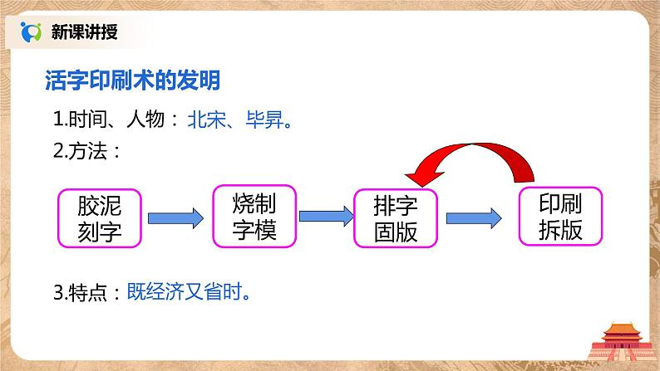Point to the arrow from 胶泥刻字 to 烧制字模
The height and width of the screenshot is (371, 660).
click(x=175, y=217)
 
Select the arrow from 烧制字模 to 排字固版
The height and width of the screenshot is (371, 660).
click(x=324, y=216)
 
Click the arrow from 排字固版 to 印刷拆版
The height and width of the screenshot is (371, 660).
click(x=474, y=218)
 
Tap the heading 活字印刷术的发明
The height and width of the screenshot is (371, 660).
click(x=131, y=81)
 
